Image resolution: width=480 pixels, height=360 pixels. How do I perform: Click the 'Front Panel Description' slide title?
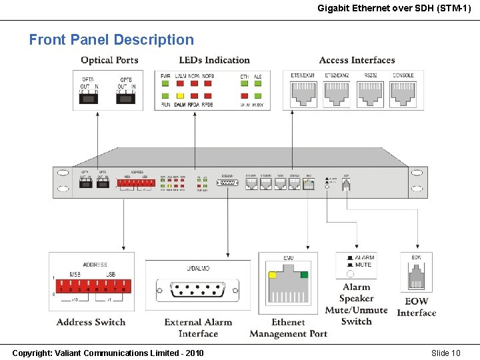pos(111,40)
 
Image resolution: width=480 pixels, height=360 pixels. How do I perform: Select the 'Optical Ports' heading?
pos(109,61)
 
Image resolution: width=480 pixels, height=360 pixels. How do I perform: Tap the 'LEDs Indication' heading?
pos(214,61)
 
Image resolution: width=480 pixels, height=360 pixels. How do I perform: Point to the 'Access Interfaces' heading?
pos(357,61)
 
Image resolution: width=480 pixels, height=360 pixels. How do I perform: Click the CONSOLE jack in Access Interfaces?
pos(403,94)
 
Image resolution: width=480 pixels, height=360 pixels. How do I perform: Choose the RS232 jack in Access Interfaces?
pos(370,94)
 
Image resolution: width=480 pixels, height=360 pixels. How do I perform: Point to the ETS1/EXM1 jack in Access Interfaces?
pos(303,94)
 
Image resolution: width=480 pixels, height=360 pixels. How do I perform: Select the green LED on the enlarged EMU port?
pos(305,275)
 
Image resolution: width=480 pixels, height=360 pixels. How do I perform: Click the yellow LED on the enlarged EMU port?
pos(272,275)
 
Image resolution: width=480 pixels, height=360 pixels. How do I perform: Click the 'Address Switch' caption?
pos(91,322)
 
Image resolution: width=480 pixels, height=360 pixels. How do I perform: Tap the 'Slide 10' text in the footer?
pos(445,353)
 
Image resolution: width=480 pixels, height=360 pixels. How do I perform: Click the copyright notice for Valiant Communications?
pos(108,353)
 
